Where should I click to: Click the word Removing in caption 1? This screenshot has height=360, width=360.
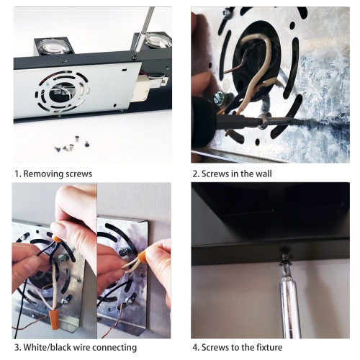click(40, 174)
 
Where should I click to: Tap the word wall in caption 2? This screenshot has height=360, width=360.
click(264, 174)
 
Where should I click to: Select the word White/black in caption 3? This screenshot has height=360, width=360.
click(45, 347)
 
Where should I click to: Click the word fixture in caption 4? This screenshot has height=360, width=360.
click(269, 347)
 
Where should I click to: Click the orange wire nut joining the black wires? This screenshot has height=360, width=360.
click(57, 239)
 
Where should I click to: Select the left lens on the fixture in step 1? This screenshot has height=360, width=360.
click(50, 45)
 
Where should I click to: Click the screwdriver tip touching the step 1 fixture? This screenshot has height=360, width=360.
click(135, 57)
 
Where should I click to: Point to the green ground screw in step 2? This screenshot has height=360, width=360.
click(219, 99)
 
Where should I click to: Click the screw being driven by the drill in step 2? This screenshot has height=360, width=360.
click(263, 121)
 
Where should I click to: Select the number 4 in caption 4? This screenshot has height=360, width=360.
click(195, 347)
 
